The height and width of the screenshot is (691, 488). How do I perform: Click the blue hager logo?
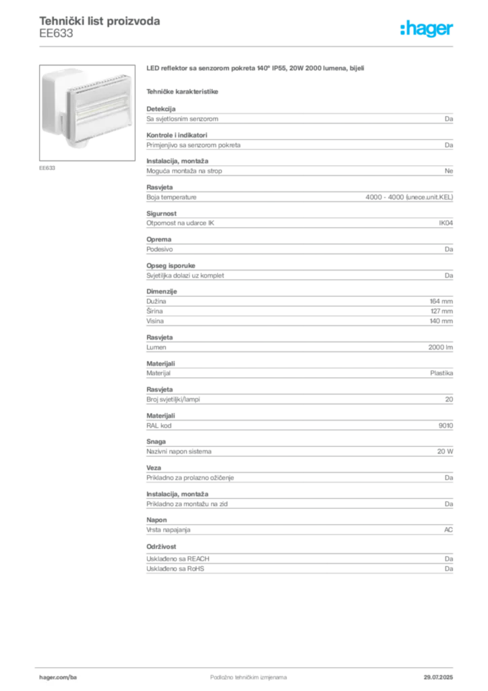pos(428,30)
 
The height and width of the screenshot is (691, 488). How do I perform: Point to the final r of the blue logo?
pos(452,31)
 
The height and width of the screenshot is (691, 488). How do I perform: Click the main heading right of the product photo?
pos(256,69)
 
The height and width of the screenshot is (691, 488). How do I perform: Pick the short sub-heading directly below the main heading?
pos(183,90)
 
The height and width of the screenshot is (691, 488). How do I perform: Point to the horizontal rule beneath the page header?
pos(248,46)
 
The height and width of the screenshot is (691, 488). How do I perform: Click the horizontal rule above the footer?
pos(248,665)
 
